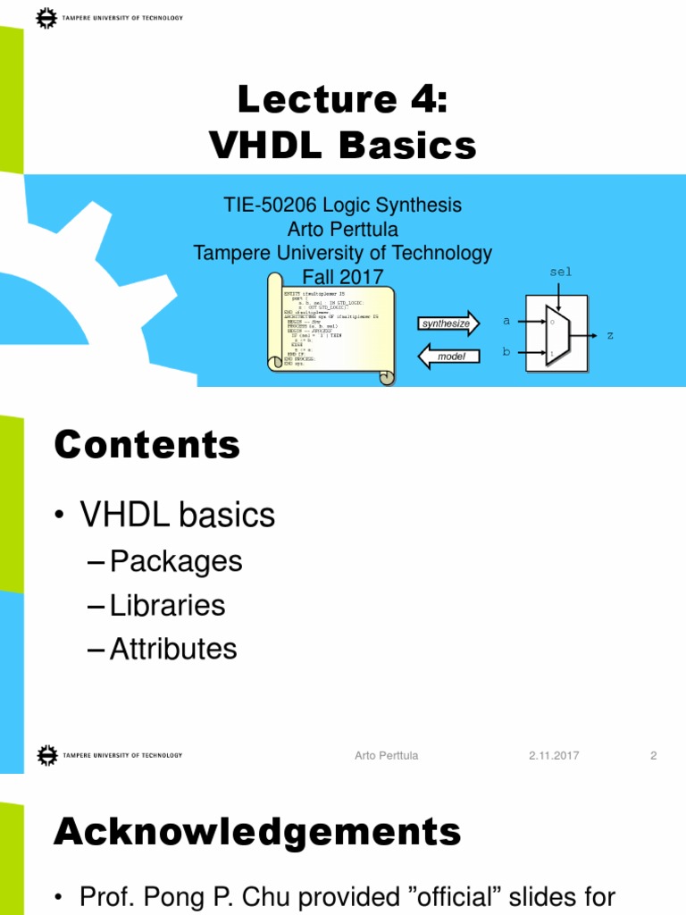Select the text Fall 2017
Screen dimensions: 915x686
pyautogui.click(x=342, y=277)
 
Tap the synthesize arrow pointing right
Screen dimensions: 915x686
pyautogui.click(x=448, y=323)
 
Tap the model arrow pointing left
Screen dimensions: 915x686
pyautogui.click(x=448, y=357)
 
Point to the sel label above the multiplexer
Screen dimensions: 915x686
pyautogui.click(x=559, y=272)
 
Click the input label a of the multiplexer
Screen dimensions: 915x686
pyautogui.click(x=506, y=320)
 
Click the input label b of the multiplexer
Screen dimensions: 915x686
pyautogui.click(x=506, y=352)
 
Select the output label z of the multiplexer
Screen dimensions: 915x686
pyautogui.click(x=610, y=335)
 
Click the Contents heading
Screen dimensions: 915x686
pyautogui.click(x=147, y=444)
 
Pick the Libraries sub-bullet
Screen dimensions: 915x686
pyautogui.click(x=168, y=606)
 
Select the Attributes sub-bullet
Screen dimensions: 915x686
pyautogui.click(x=173, y=649)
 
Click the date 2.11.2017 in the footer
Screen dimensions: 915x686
pyautogui.click(x=554, y=756)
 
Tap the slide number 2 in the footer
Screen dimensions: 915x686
pyautogui.click(x=653, y=756)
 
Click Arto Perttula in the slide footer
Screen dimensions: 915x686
pyautogui.click(x=386, y=756)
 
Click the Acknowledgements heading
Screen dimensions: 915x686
pyautogui.click(x=257, y=831)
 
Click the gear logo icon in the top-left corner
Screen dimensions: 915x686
pyautogui.click(x=46, y=17)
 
